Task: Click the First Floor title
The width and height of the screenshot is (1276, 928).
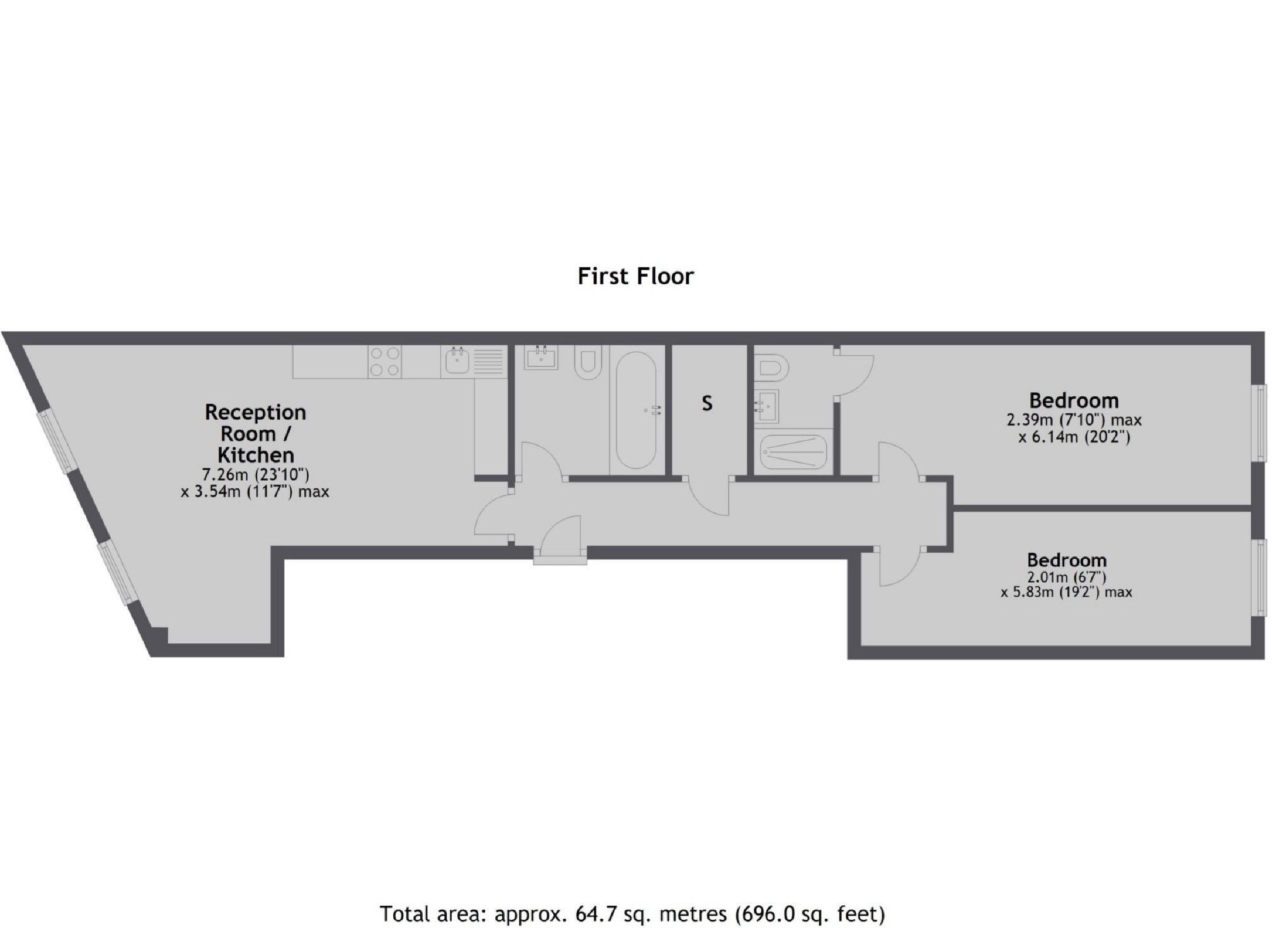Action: pos(635,276)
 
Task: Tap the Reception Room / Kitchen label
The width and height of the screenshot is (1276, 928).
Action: pos(255,433)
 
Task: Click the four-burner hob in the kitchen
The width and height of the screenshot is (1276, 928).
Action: pos(385,362)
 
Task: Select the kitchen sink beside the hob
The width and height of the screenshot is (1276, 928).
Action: pos(456,362)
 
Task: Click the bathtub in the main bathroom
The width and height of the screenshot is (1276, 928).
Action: pos(636,410)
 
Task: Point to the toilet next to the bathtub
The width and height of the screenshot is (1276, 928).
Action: pos(588,362)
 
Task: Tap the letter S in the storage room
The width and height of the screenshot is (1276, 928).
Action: pos(707,403)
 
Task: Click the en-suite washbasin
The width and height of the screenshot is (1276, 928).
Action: pos(767,406)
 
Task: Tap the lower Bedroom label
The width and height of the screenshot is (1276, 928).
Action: pos(1066,559)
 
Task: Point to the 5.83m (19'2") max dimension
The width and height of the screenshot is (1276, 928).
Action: pos(1066,592)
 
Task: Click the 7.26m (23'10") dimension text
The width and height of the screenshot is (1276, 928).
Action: pos(255,474)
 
